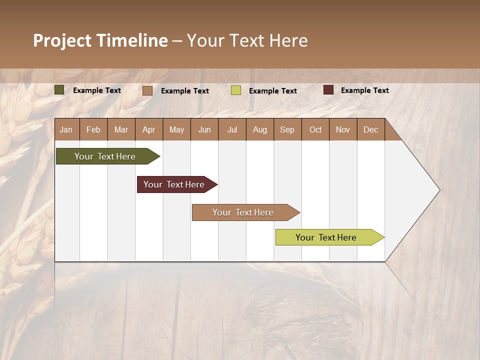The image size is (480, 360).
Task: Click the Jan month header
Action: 66,129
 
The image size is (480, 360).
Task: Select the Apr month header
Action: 148,129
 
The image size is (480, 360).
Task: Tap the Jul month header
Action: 232,129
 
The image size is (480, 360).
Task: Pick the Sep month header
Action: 287,129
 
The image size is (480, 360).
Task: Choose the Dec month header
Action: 370,129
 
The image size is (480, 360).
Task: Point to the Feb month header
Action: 93,129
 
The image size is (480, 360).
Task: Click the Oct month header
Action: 315,129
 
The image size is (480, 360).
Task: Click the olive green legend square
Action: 59,90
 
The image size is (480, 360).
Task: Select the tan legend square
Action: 147,90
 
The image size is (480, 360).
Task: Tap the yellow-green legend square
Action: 235,90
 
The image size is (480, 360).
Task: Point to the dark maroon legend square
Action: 328,90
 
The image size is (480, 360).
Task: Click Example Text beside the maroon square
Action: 364,90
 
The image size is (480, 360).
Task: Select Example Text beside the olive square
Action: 97,90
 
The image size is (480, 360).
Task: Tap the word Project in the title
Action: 62,40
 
